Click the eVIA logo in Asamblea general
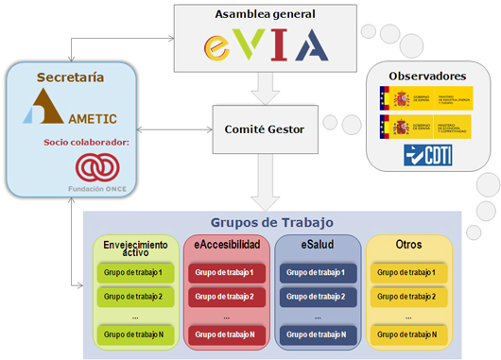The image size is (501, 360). tap(267, 43)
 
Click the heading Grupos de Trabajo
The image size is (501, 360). tap(270, 222)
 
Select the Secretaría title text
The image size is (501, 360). tap(70, 76)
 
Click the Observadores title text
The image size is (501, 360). tap(427, 75)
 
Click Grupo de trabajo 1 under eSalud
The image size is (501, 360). tap(317, 272)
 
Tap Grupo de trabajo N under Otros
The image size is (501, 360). tap(407, 334)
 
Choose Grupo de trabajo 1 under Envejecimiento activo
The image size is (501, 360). tap(135, 272)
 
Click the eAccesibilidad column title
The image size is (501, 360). tap(227, 245)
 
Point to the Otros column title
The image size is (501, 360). tap(408, 245)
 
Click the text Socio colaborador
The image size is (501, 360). tap(84, 143)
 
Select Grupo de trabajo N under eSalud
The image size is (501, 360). tap(317, 334)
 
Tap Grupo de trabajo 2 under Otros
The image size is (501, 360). tap(407, 296)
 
